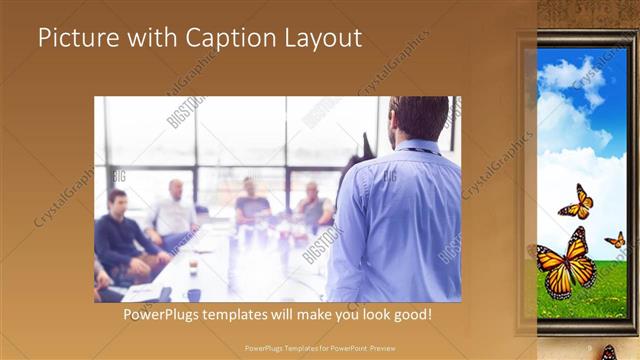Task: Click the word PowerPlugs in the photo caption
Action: pyautogui.click(x=162, y=315)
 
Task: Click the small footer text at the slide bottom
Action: pyautogui.click(x=320, y=348)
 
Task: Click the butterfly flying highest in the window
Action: pyautogui.click(x=576, y=202)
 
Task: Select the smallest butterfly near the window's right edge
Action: pyautogui.click(x=616, y=239)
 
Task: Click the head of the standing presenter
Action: pyautogui.click(x=420, y=118)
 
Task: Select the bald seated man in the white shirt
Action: pyautogui.click(x=174, y=210)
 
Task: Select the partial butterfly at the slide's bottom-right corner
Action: pyautogui.click(x=608, y=353)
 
